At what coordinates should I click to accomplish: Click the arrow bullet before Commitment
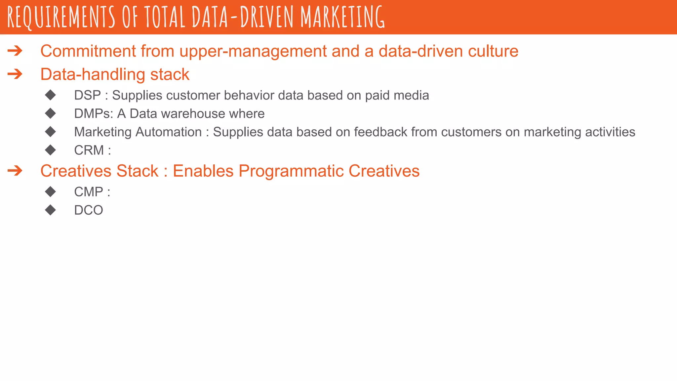[x=15, y=51]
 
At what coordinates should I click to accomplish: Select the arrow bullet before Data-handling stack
[x=15, y=74]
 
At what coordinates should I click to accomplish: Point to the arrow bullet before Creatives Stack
[x=15, y=171]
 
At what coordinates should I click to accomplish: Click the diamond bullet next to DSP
[x=51, y=95]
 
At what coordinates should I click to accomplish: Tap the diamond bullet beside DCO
[x=51, y=210]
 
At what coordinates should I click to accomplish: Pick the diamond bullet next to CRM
[x=51, y=150]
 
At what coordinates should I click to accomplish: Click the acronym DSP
[x=87, y=95]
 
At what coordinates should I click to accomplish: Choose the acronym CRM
[x=89, y=150]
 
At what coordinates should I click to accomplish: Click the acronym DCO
[x=89, y=210]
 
